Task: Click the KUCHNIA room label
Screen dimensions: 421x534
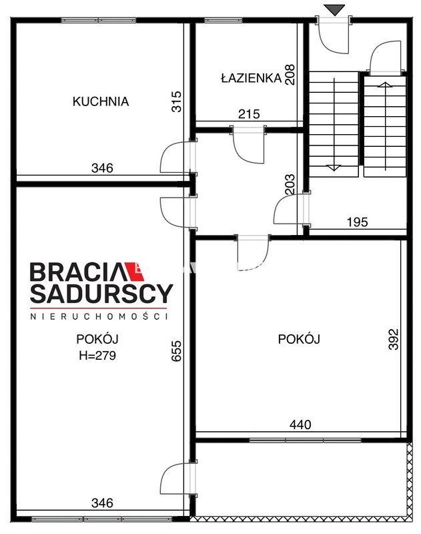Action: coord(101,101)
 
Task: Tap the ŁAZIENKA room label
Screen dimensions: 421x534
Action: coord(251,77)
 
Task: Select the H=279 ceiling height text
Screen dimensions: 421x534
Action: coord(97,356)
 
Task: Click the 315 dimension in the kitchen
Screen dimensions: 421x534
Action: coord(176,101)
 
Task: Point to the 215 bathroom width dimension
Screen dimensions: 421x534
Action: coord(249,114)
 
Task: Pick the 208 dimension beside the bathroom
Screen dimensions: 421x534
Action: coord(290,75)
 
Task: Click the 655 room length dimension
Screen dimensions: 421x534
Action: coord(176,351)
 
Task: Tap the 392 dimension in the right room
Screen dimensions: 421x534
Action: coord(393,339)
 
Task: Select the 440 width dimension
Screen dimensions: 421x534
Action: coord(300,425)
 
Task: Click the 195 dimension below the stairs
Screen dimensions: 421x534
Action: coord(358,222)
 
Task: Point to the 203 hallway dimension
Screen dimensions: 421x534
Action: coord(290,184)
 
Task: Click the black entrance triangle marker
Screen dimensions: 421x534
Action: coord(334,10)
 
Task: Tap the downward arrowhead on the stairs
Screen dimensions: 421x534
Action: coord(334,168)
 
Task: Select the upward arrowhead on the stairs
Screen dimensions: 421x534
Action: coord(385,85)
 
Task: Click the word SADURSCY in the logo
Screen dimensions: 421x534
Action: coord(101,293)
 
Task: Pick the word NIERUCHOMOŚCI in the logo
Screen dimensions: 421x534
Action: coord(99,316)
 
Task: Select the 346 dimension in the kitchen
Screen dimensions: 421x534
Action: coord(102,168)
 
